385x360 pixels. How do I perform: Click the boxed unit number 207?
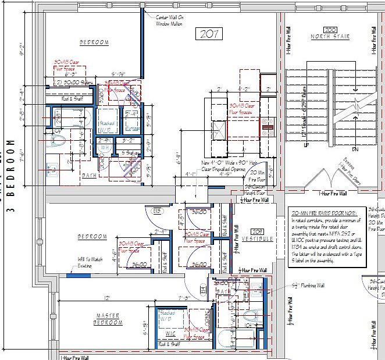[209, 34]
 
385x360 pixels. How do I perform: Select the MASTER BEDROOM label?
[108, 319]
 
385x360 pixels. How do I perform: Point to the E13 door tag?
[156, 211]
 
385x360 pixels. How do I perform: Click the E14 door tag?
[204, 288]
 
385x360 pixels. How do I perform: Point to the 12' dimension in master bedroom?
[106, 298]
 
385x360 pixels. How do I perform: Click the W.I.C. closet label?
[170, 334]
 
